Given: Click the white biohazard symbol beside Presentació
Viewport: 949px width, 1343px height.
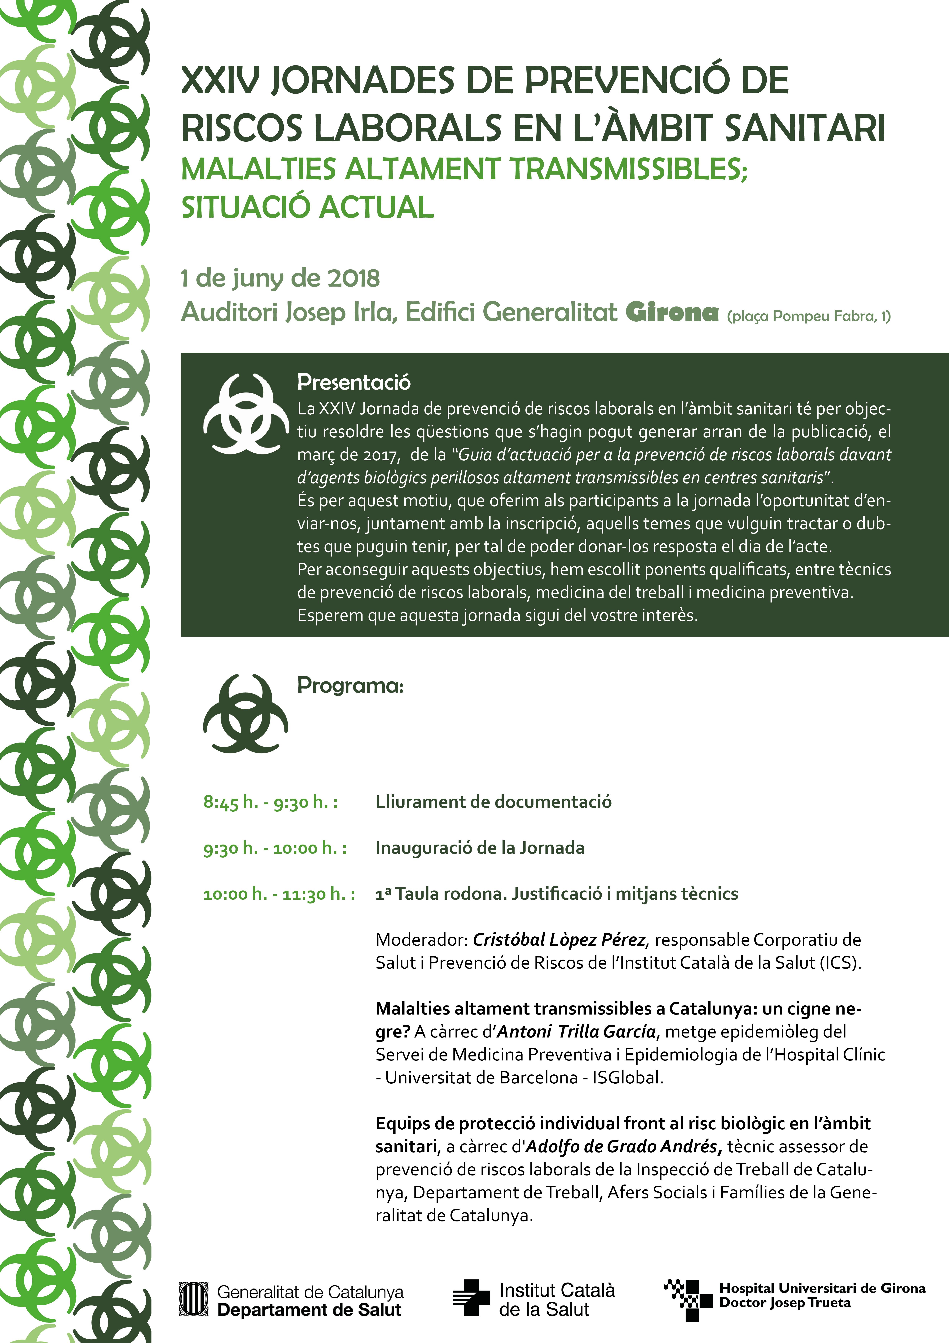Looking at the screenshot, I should click(x=246, y=414).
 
